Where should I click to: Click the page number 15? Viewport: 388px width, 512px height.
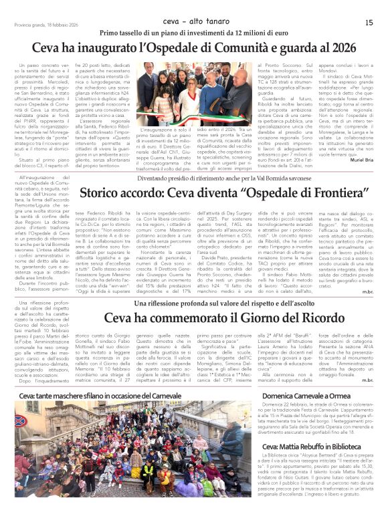369,22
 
